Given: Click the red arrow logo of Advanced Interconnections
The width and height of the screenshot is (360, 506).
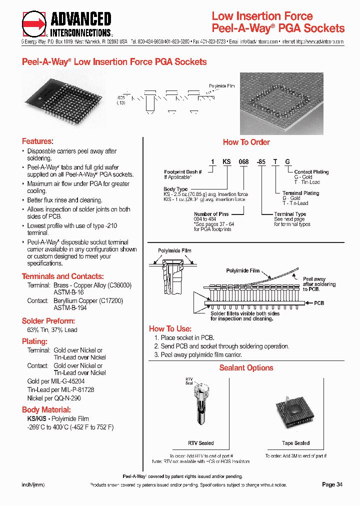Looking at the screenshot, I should pyautogui.click(x=34, y=23).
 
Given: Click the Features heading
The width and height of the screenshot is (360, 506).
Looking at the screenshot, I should pyautogui.click(x=37, y=141).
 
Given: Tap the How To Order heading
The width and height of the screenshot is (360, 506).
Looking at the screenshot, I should pyautogui.click(x=246, y=142).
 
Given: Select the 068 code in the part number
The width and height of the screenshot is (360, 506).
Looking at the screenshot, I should pyautogui.click(x=243, y=161).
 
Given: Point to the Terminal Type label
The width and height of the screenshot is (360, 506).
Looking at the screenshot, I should pyautogui.click(x=290, y=214).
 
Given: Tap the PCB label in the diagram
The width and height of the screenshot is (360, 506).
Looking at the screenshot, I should pyautogui.click(x=319, y=303).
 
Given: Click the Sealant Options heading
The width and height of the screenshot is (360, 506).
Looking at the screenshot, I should pyautogui.click(x=246, y=368).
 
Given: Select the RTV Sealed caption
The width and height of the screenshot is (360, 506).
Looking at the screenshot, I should pyautogui.click(x=200, y=443).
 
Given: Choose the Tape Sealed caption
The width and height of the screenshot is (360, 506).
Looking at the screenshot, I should pyautogui.click(x=295, y=443).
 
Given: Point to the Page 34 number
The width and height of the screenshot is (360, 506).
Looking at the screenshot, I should pyautogui.click(x=332, y=484).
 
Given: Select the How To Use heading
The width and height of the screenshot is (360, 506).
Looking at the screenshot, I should pyautogui.click(x=170, y=328).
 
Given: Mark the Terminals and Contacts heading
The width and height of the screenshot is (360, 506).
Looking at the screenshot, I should pyautogui.click(x=62, y=276).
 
